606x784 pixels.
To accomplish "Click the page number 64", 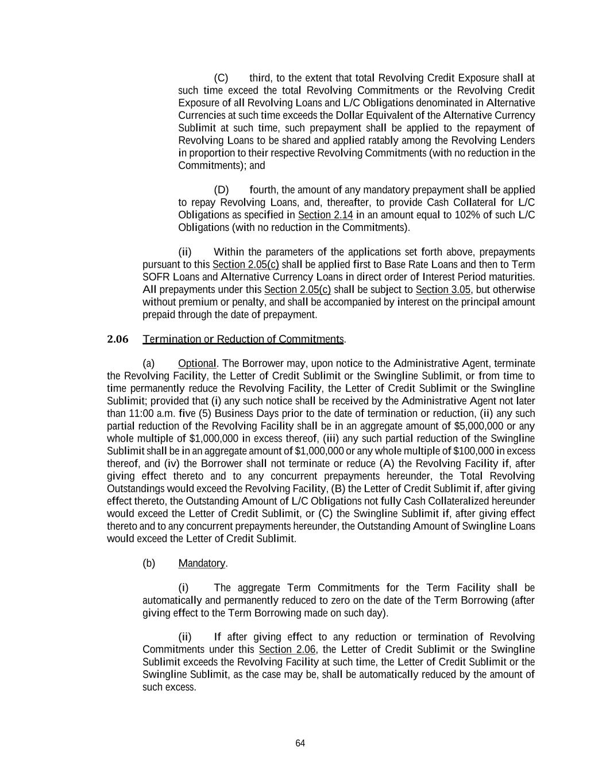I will pyautogui.click(x=300, y=743).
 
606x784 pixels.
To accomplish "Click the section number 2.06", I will pyautogui.click(x=118, y=339).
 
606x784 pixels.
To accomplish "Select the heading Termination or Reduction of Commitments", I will pyautogui.click(x=243, y=339).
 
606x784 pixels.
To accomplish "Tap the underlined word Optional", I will pyautogui.click(x=197, y=364).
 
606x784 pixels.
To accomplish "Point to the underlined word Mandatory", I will pyautogui.click(x=202, y=563).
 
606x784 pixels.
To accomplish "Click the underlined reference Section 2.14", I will pyautogui.click(x=325, y=215).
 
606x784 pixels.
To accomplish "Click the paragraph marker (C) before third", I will pyautogui.click(x=221, y=78).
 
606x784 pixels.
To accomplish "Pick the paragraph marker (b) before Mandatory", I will pyautogui.click(x=149, y=563).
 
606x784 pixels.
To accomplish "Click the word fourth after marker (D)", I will pyautogui.click(x=263, y=190).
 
